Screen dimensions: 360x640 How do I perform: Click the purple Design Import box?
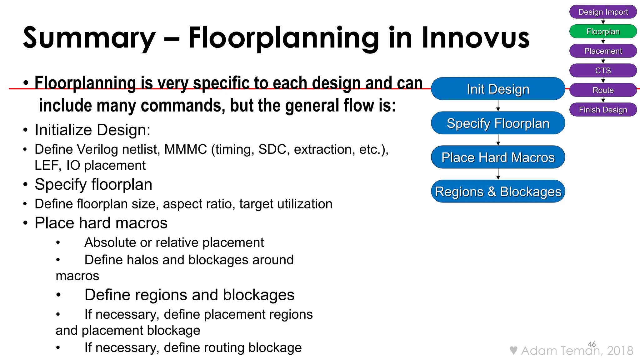pos(603,12)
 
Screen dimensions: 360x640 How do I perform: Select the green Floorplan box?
pos(603,32)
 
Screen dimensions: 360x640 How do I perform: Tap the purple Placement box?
pos(603,51)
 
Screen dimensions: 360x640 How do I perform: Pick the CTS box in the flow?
pos(603,71)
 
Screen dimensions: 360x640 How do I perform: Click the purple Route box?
pos(603,90)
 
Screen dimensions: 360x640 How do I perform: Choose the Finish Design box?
pos(603,110)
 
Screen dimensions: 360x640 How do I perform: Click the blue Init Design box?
pos(498,89)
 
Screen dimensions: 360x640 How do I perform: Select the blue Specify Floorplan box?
pos(498,123)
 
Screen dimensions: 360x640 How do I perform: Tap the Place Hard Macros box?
pos(498,157)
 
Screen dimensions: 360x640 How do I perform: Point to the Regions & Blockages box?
pos(498,192)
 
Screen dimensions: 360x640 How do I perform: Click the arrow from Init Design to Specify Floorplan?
pos(498,106)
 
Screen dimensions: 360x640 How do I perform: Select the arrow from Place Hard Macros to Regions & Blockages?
pos(498,174)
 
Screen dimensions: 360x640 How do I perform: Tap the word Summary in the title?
pos(89,38)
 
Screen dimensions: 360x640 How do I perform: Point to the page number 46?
pos(592,344)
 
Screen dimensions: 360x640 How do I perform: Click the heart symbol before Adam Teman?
pos(513,350)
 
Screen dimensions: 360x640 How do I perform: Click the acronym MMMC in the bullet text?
pos(186,149)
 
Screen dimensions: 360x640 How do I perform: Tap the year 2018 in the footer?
pos(620,351)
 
